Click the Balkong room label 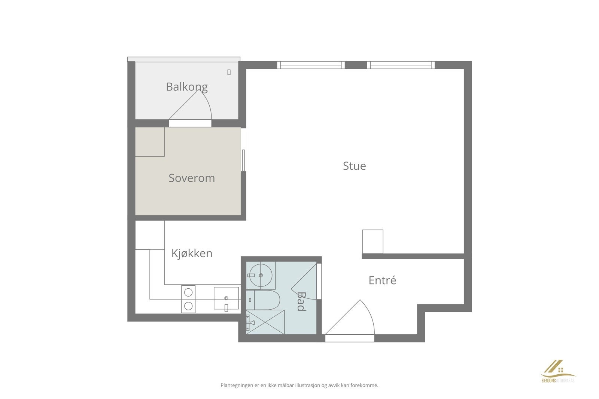pyautogui.click(x=186, y=87)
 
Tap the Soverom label pyautogui.click(x=192, y=178)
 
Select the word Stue pyautogui.click(x=354, y=166)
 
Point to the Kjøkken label pyautogui.click(x=192, y=254)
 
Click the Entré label pyautogui.click(x=382, y=280)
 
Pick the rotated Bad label pyautogui.click(x=301, y=301)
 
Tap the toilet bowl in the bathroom pyautogui.click(x=267, y=300)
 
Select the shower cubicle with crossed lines pyautogui.click(x=265, y=322)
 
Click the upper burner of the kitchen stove pyautogui.click(x=189, y=292)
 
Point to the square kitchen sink pyautogui.click(x=226, y=298)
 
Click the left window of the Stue pyautogui.click(x=311, y=65)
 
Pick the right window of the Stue pyautogui.click(x=401, y=65)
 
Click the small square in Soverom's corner pyautogui.click(x=150, y=142)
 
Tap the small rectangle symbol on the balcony pyautogui.click(x=229, y=72)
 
